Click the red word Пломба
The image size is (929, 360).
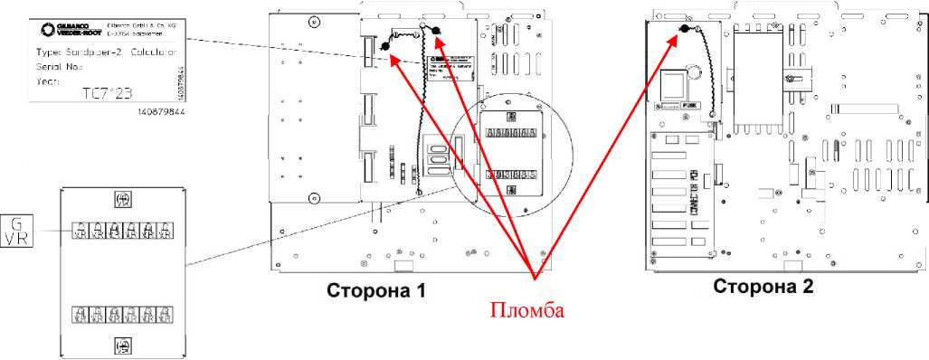(526, 311)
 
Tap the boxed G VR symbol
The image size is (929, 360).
(15, 231)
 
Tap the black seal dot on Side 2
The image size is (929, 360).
(685, 29)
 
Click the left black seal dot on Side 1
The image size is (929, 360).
(384, 46)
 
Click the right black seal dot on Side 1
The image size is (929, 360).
(435, 33)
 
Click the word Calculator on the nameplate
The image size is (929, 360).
(150, 52)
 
